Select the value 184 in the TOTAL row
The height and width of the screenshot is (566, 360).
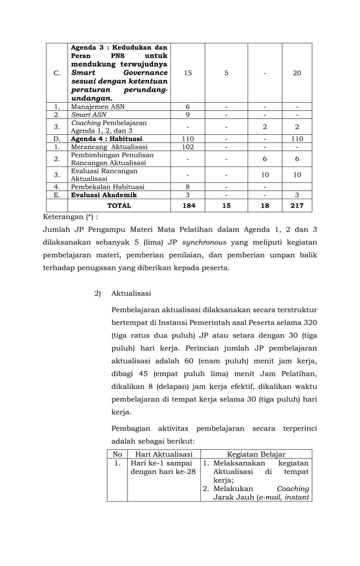(188, 206)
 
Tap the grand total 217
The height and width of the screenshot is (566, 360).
(297, 206)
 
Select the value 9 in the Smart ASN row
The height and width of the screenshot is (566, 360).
(188, 115)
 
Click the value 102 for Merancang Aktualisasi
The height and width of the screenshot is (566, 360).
(188, 147)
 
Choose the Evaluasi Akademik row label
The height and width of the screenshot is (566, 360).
(104, 195)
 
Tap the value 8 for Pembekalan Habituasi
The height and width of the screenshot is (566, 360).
(188, 187)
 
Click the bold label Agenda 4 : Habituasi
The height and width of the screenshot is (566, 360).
(107, 139)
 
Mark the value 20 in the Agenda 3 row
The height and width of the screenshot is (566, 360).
(297, 73)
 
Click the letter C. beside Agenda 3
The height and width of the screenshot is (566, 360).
(57, 73)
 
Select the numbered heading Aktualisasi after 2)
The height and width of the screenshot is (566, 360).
(131, 293)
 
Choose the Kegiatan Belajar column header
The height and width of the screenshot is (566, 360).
(256, 454)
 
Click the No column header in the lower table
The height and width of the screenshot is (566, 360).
(117, 454)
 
